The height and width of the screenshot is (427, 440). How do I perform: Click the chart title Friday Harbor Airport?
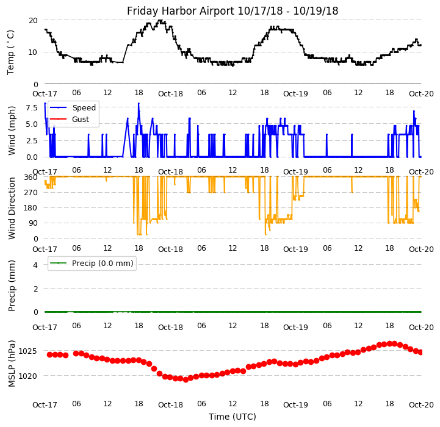click(x=232, y=11)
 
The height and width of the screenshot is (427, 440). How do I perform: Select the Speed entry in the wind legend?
click(x=84, y=108)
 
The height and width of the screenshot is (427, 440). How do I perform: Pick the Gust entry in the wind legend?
click(x=81, y=119)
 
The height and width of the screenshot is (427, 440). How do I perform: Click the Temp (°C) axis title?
click(x=11, y=52)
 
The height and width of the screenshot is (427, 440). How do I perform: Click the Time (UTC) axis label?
click(x=232, y=417)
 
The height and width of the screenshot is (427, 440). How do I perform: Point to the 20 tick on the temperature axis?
click(x=33, y=20)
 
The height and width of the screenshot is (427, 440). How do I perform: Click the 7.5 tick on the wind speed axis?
click(x=31, y=107)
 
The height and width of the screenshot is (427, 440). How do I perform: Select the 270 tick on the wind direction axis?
click(x=30, y=193)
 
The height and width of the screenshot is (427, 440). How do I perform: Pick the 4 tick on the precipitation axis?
click(x=35, y=265)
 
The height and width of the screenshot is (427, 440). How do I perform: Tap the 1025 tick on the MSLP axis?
click(x=27, y=351)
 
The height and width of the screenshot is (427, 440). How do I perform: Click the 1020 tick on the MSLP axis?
click(x=27, y=376)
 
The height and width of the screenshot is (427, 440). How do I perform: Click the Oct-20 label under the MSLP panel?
click(x=421, y=404)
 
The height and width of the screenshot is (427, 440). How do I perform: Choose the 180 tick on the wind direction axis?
click(x=30, y=208)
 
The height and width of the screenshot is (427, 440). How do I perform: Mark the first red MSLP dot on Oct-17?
click(x=49, y=354)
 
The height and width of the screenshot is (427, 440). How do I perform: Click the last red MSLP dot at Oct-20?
click(x=420, y=352)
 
